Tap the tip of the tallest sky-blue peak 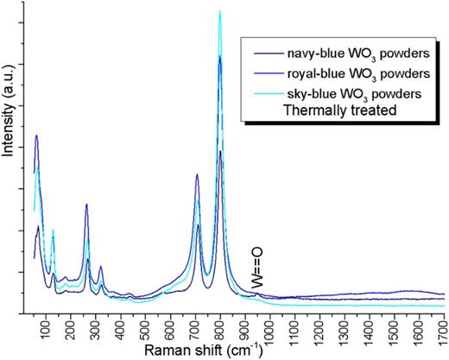click(220, 11)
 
